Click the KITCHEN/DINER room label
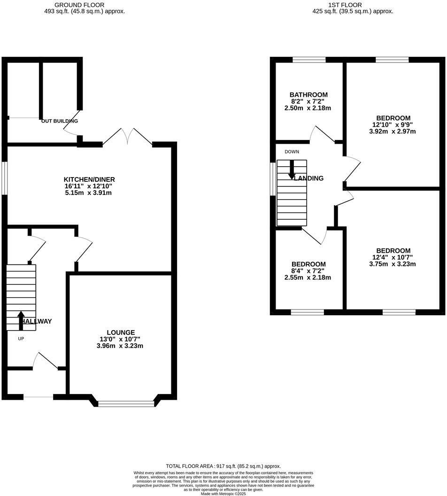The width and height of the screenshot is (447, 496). pos(89,179)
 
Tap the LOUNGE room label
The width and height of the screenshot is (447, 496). pos(120,332)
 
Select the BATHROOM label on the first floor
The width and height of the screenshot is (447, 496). pos(308,94)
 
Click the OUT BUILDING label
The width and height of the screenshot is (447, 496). pos(60,121)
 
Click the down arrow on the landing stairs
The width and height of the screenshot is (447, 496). pos(292,170)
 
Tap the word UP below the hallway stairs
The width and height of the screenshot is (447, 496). pos(21,339)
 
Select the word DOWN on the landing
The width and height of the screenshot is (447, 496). pos(292,152)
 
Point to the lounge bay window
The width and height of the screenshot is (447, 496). pos(126,403)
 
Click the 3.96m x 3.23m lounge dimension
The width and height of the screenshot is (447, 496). pos(120,346)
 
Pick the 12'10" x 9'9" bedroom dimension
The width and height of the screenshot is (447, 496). pos(393,125)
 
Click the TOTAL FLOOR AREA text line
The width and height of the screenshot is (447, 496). pos(223,466)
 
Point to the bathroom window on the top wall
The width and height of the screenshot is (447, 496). pos(309,60)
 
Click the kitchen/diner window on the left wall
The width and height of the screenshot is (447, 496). pos(5,178)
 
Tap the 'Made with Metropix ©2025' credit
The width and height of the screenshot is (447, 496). pos(223,494)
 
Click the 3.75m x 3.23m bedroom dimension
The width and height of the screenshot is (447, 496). pos(393,264)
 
